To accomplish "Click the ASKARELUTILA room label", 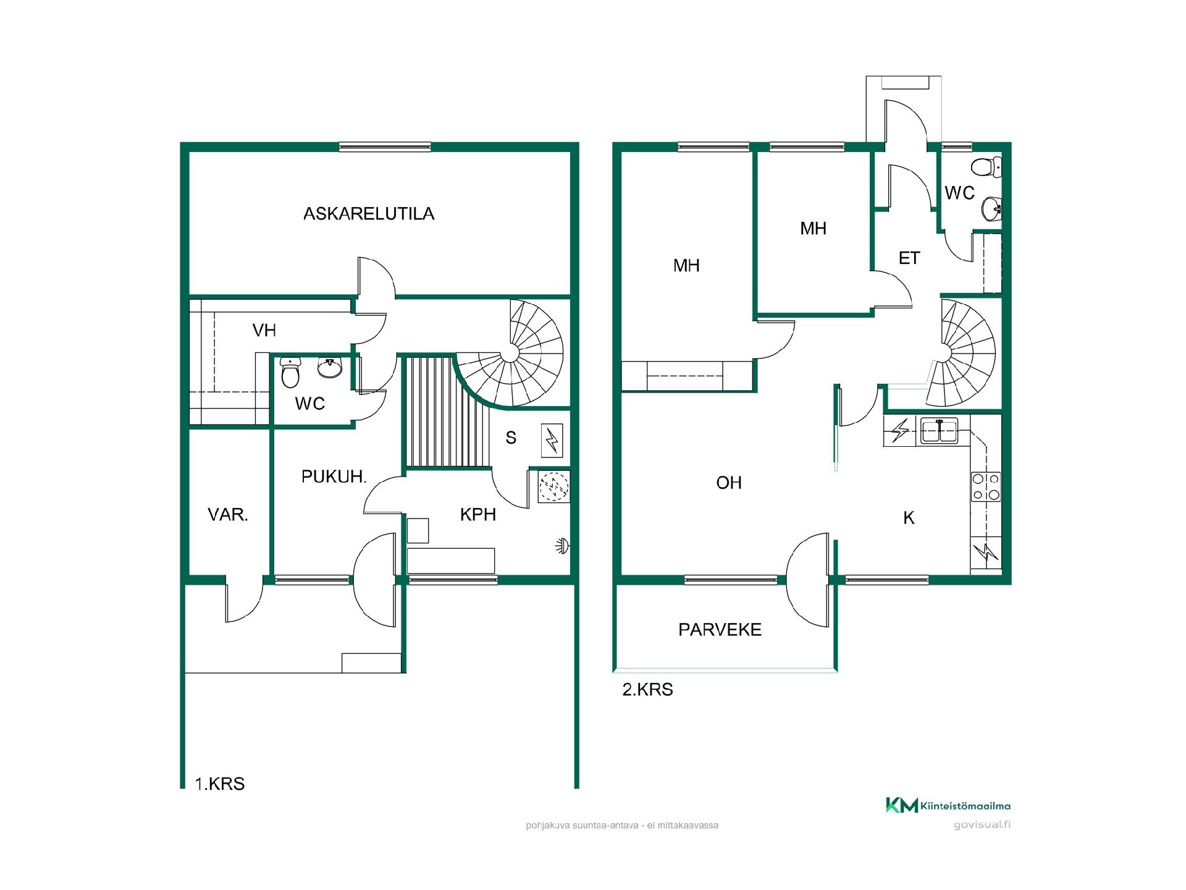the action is coord(369,214).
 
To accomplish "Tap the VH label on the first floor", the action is coord(264,331).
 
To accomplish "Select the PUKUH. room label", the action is coord(334,477).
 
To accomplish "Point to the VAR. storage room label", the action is coord(228,515).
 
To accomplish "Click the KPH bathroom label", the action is coord(478,515).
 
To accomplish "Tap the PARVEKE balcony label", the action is coord(720,630).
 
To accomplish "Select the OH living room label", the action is coord(729,483).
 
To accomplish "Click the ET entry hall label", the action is coord(909,258).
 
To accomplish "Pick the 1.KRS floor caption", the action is coord(220,784).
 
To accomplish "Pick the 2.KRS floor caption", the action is coord(647,690).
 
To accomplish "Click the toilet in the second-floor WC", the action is coord(986,167).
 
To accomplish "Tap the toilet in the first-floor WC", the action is coord(290,373).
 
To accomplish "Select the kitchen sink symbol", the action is coord(939,431).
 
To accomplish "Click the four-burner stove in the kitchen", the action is coord(986,486).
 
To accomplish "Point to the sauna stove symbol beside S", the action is coord(552,439).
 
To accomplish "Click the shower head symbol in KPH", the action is coord(561,546).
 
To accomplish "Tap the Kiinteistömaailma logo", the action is coord(948,805).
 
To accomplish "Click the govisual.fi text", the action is coord(982,825).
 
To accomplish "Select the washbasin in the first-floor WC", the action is coord(330,368).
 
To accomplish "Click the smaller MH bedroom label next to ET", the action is coord(813,229).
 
